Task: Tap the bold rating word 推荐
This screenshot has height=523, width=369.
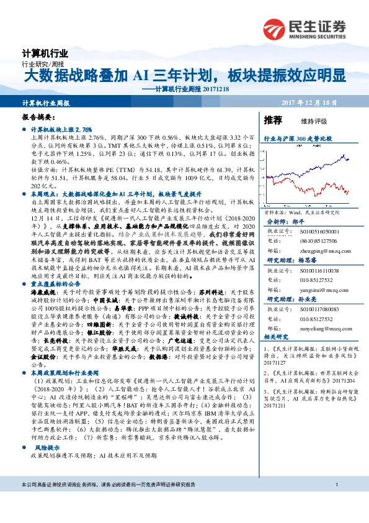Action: click(273, 120)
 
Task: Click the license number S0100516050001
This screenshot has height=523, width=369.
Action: click(321, 230)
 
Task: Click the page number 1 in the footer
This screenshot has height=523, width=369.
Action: click(336, 484)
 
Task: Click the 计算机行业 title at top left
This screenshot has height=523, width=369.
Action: click(45, 54)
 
